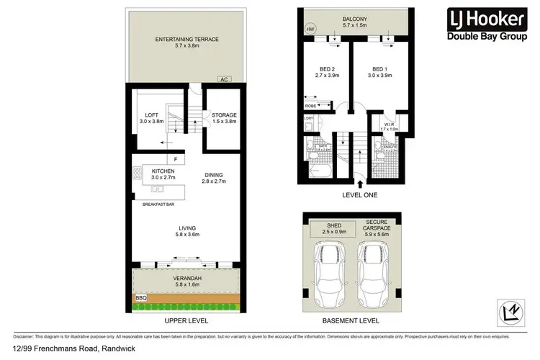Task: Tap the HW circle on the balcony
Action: click(x=311, y=30)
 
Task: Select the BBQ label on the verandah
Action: click(x=140, y=297)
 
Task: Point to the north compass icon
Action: click(x=512, y=312)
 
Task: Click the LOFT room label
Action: click(x=151, y=115)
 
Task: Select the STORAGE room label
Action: click(x=224, y=115)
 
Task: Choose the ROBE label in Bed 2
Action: click(x=310, y=105)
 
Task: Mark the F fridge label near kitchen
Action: click(x=174, y=159)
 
